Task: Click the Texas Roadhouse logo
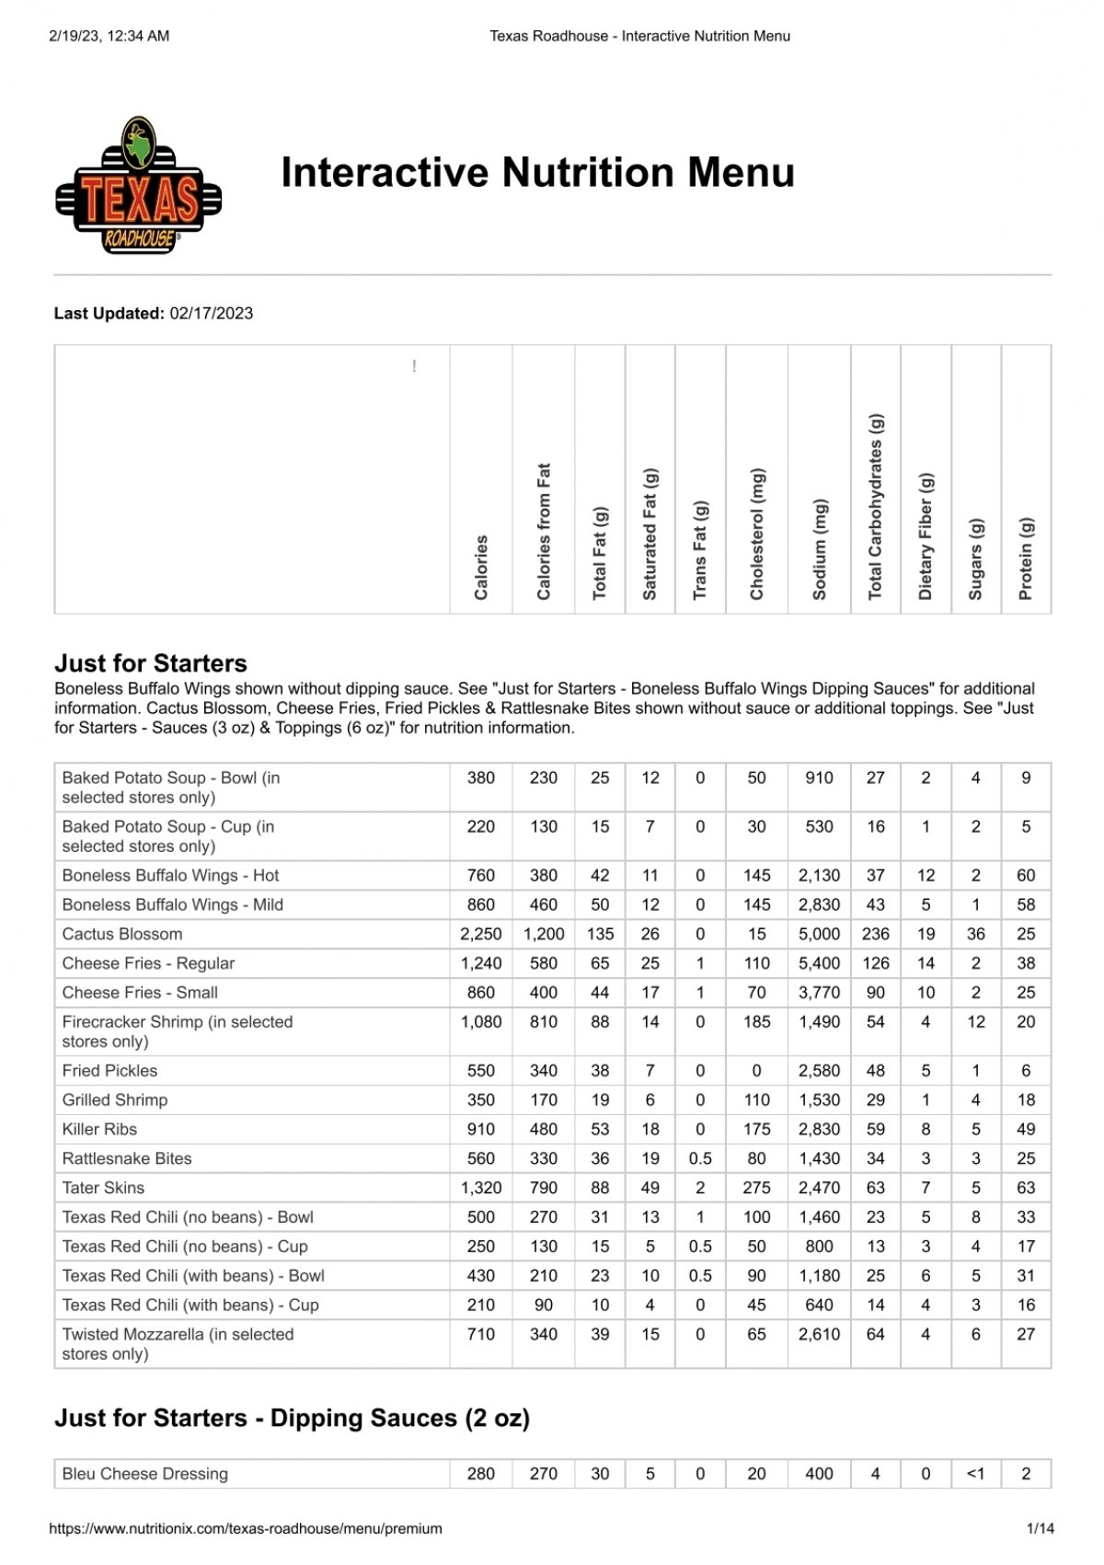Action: (x=139, y=186)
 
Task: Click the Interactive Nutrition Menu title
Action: (x=537, y=173)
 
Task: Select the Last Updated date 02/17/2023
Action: (x=211, y=313)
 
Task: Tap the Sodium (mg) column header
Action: (x=820, y=549)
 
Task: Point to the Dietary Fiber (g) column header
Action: (x=926, y=536)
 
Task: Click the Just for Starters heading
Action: (x=151, y=663)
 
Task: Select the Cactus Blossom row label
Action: (x=122, y=934)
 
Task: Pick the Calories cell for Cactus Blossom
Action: (x=480, y=934)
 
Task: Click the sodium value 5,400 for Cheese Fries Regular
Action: (x=819, y=963)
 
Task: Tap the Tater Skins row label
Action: (x=103, y=1188)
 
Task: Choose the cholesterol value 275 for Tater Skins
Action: (x=756, y=1188)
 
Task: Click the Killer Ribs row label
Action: (x=99, y=1129)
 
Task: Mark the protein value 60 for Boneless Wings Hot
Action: (x=1026, y=875)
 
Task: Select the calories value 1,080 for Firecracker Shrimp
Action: (x=480, y=1021)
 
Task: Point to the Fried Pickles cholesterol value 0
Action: (x=756, y=1070)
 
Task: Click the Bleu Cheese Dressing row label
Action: (x=145, y=1474)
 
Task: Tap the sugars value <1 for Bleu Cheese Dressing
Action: (x=975, y=1474)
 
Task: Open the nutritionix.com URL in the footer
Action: (x=245, y=1528)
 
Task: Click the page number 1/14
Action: (x=1040, y=1528)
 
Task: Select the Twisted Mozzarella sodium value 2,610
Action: (x=819, y=1334)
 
